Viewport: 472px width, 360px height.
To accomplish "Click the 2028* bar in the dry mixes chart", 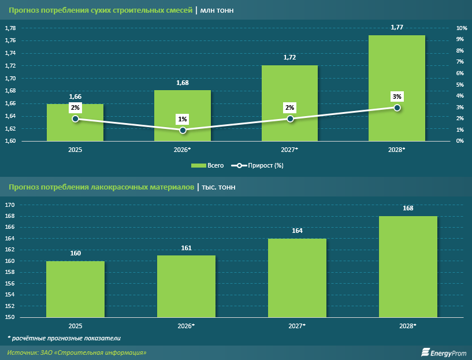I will [x=397, y=88].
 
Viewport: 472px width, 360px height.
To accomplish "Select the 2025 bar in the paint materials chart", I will [x=75, y=289].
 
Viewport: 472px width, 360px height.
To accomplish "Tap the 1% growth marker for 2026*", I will [x=183, y=131].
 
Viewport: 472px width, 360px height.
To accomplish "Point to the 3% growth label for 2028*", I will [x=397, y=97].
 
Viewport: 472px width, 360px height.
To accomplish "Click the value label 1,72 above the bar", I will [x=290, y=58].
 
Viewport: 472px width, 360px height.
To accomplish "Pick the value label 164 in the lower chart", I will [x=297, y=231].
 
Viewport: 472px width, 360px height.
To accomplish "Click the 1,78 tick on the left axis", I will [x=10, y=28].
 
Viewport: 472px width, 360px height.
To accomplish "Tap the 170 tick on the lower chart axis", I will [x=10, y=205].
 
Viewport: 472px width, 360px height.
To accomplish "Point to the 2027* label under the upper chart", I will [x=290, y=150].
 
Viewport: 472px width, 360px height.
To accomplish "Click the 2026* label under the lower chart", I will [x=186, y=326].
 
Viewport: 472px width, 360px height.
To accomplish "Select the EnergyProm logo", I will [x=443, y=352].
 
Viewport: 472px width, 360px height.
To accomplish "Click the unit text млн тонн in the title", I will [x=217, y=10].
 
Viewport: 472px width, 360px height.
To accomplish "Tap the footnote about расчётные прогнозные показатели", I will [x=64, y=337].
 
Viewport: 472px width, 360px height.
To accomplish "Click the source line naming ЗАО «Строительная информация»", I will [x=77, y=352].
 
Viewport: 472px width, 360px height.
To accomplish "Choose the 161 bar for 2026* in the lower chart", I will [x=186, y=286].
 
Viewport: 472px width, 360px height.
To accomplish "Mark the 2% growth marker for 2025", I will [x=75, y=119].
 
